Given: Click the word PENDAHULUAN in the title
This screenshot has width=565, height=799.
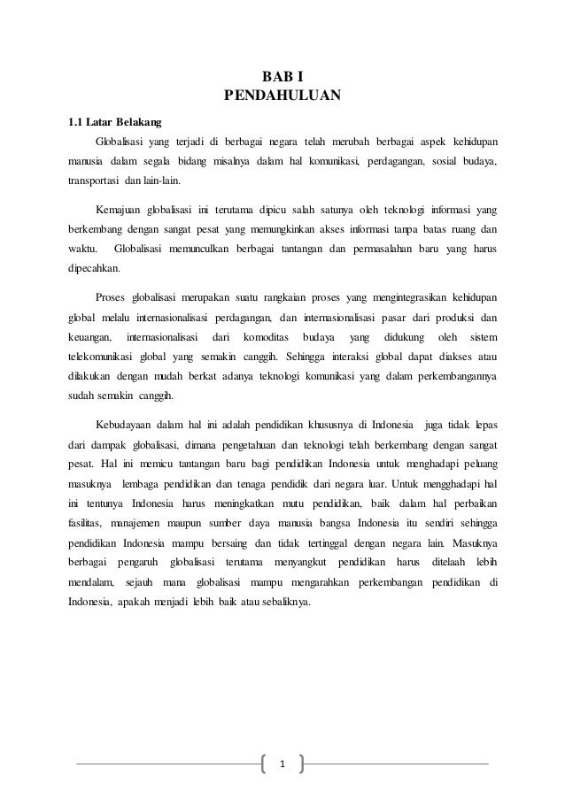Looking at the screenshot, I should click(282, 96).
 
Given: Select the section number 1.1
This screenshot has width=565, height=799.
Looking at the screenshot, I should click(80, 120).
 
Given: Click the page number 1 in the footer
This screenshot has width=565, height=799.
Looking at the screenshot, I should click(282, 763).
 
